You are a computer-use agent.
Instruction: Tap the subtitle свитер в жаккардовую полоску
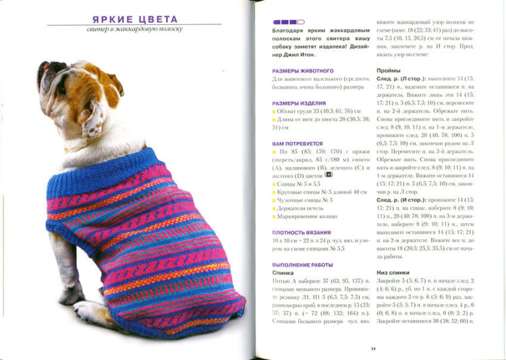point(134,30)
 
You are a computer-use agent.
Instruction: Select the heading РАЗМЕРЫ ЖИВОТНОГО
point(303,71)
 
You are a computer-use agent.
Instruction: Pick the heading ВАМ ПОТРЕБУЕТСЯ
point(298,144)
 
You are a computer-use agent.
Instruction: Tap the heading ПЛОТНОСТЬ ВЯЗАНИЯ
point(302,231)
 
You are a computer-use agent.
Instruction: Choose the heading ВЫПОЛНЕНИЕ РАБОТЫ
point(303,265)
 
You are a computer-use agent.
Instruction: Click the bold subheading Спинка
point(283,273)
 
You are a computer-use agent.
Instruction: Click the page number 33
point(372,349)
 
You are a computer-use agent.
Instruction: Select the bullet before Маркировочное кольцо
point(275,217)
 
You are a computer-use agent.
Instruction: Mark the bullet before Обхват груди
point(275,111)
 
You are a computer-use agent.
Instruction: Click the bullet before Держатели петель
point(275,208)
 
